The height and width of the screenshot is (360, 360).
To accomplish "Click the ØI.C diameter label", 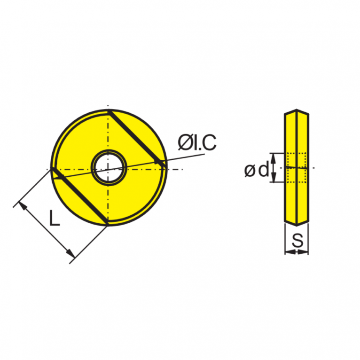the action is tap(197, 143).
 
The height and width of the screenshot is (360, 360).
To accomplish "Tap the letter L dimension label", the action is tap(55, 218).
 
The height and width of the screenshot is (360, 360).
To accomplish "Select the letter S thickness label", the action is tap(297, 240).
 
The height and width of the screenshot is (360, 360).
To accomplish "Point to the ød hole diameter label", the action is tap(257, 170).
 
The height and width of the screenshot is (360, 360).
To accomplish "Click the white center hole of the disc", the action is tap(109, 168).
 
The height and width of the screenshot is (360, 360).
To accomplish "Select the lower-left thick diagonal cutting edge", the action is tap(80, 196).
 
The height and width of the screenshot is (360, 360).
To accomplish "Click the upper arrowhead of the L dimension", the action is tap(23, 205).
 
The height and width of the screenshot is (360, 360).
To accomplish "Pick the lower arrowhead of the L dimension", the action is tap(70, 253).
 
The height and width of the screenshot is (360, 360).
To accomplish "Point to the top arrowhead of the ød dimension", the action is tap(273, 158).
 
